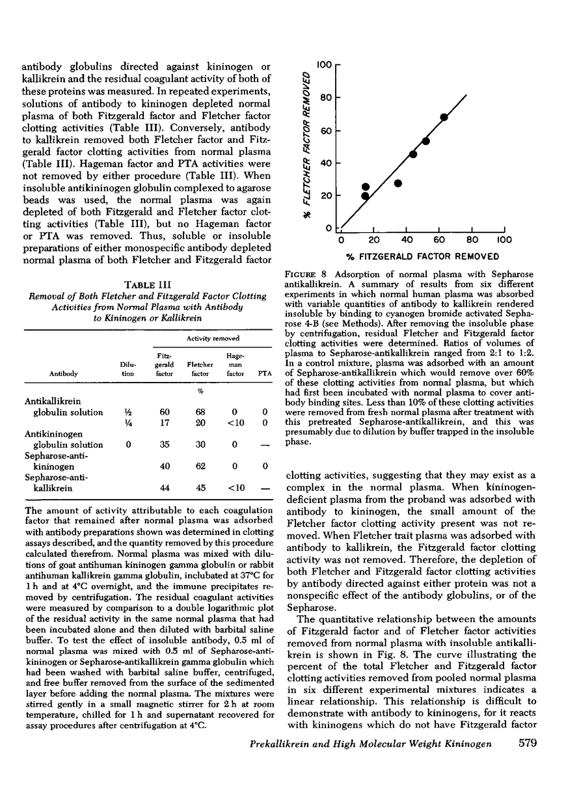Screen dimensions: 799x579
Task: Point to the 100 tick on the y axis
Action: pos(325,64)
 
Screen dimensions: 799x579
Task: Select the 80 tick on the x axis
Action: pos(472,240)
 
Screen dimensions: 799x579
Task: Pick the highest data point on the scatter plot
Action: pos(444,117)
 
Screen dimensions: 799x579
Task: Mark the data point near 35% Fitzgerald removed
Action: pos(398,183)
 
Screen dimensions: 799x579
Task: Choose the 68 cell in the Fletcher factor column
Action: pos(200,413)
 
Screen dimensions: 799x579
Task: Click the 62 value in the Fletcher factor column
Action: pos(200,466)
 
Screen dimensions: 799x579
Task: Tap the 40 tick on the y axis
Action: pos(325,163)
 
